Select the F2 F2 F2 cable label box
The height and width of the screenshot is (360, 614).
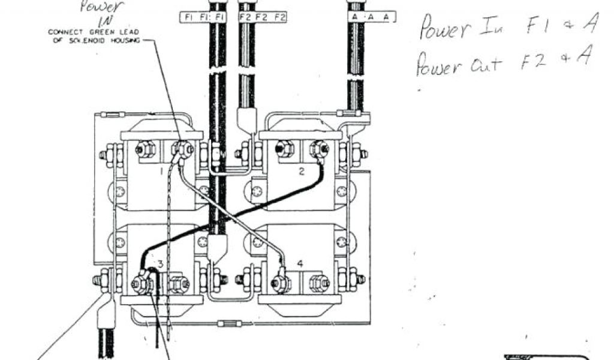tap(263, 17)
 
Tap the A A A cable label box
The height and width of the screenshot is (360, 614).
tap(372, 17)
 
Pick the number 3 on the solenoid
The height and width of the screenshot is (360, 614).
tap(160, 264)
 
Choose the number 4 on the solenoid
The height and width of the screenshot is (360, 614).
tap(300, 263)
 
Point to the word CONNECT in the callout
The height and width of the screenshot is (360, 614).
tap(65, 32)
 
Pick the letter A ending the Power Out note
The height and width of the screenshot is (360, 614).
tap(582, 58)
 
